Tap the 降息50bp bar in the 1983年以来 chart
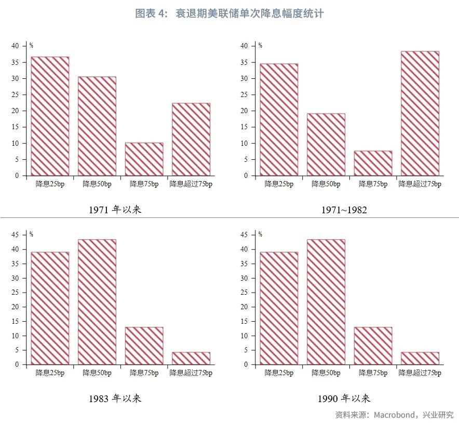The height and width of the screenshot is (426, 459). click(97, 301)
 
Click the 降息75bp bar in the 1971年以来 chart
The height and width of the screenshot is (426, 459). click(144, 159)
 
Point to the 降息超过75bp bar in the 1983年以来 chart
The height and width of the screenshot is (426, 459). click(191, 358)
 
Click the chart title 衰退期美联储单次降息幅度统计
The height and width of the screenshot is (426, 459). click(229, 13)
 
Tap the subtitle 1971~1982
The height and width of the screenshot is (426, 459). click(344, 210)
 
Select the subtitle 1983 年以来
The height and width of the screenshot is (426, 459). click(115, 398)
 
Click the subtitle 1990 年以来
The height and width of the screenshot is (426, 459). click(344, 398)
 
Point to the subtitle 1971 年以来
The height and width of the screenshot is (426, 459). click(115, 210)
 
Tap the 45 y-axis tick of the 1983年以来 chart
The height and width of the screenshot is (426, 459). click(15, 235)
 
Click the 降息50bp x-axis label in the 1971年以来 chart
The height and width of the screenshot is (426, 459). click(97, 184)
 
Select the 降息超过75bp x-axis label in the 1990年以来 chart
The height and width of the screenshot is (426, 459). click(420, 373)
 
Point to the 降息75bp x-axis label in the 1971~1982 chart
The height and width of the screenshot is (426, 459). click(373, 184)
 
